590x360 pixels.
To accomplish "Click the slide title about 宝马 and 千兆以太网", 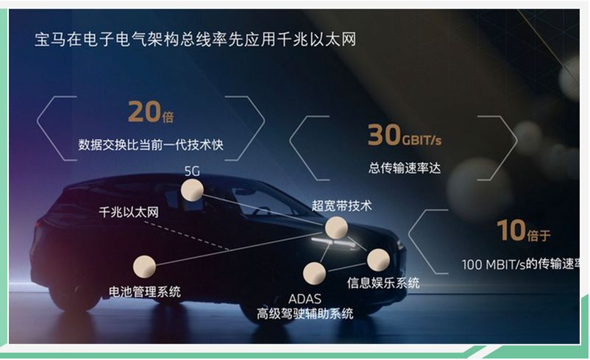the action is tap(195, 40).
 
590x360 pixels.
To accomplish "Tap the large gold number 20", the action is tap(144, 112).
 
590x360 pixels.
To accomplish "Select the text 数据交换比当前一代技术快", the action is tap(151, 144).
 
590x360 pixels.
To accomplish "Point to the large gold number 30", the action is tap(384, 135).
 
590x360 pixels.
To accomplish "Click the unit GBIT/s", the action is tap(422, 140).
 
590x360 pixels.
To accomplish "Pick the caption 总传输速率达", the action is tap(405, 168).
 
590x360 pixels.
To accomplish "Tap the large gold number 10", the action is tap(511, 230).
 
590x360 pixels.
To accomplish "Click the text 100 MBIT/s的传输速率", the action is tap(521, 264).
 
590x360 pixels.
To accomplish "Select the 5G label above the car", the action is tap(192, 172).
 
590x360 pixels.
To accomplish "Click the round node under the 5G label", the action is tap(192, 190).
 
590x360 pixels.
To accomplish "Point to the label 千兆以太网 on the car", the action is tap(129, 212).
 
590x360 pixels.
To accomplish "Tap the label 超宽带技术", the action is tap(341, 205).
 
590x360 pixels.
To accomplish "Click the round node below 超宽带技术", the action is tap(336, 227).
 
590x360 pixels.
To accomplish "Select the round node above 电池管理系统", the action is tap(144, 267).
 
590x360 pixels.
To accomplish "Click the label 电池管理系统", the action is tap(144, 292).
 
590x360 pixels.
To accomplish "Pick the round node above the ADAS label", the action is tap(314, 273).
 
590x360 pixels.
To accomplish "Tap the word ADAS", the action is tap(305, 299).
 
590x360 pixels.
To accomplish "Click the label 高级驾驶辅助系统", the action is tap(305, 314).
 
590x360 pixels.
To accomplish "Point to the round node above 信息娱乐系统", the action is tap(378, 260).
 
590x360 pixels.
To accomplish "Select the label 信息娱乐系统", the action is tap(383, 283).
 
